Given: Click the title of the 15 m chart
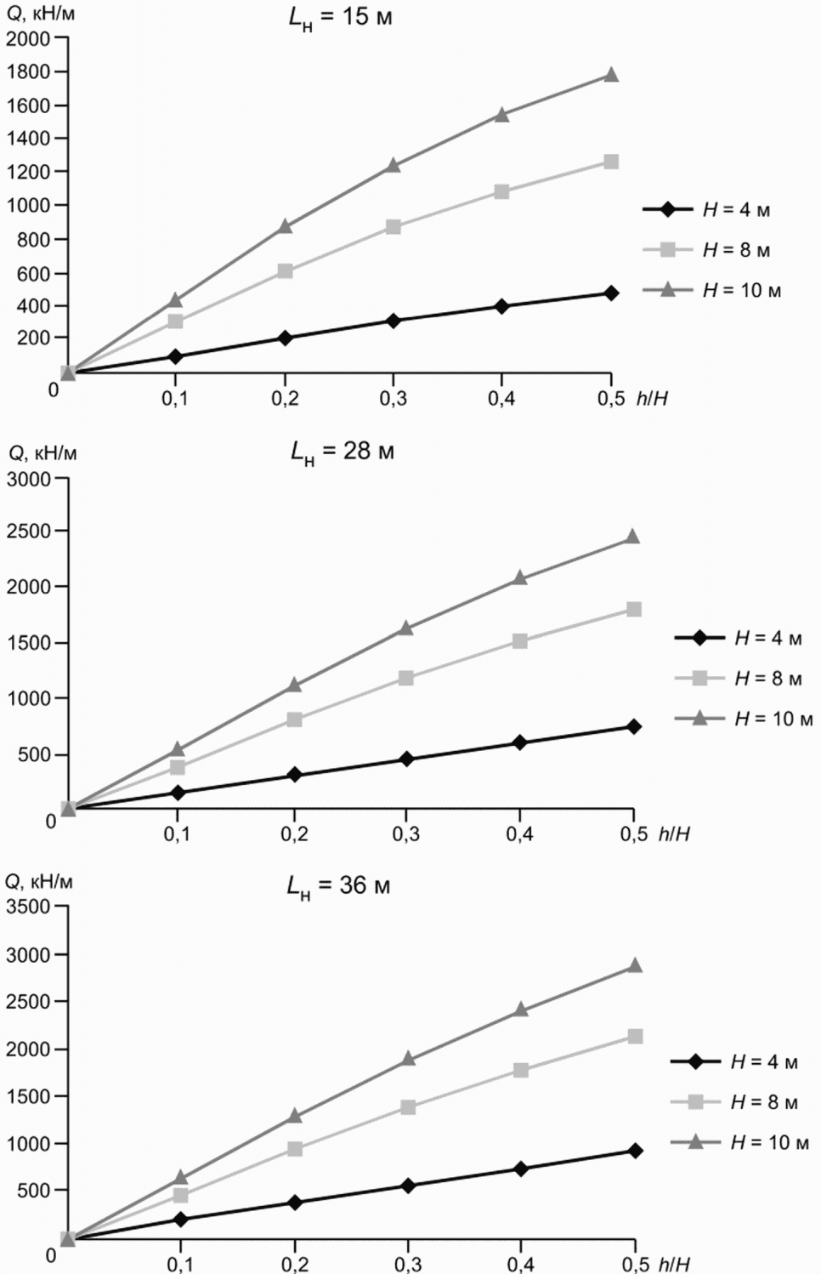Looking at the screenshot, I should [x=341, y=18].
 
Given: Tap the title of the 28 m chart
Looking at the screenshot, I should [x=343, y=452].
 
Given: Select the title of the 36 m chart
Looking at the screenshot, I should [x=338, y=886].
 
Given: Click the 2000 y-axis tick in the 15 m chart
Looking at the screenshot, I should [x=28, y=38].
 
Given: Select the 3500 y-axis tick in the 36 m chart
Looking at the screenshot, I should [x=28, y=907].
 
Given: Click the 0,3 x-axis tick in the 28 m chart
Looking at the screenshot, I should [x=405, y=834].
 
